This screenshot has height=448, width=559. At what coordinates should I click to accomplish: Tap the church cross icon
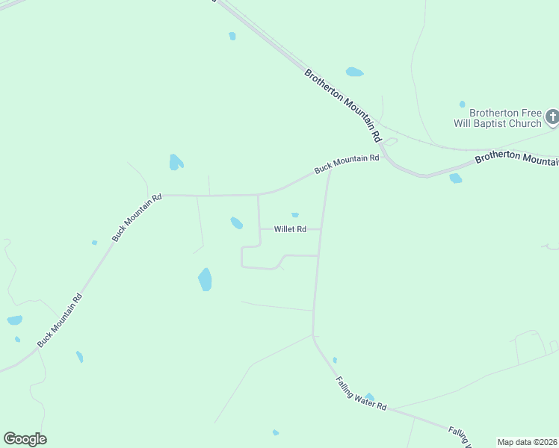[x=552, y=116]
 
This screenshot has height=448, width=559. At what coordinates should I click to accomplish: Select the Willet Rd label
[x=290, y=229]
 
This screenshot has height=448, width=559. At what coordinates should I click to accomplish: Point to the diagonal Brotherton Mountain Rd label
[x=343, y=105]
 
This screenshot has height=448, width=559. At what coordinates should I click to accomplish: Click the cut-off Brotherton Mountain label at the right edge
[x=516, y=158]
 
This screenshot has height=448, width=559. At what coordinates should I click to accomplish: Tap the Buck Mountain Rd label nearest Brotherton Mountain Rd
[x=347, y=164]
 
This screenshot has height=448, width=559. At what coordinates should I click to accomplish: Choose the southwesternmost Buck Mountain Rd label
[x=60, y=319]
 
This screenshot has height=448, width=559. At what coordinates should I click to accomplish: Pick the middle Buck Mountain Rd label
[x=136, y=218]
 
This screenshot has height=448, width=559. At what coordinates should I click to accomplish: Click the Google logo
[x=25, y=439]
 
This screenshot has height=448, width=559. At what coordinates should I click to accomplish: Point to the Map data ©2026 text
[x=527, y=442]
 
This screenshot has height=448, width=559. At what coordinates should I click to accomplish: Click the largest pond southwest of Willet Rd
[x=205, y=280]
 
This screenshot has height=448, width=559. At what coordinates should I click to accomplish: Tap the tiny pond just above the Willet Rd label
[x=295, y=215]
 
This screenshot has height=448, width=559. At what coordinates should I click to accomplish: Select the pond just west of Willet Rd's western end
[x=236, y=223]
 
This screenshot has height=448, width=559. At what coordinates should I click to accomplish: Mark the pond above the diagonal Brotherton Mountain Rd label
[x=354, y=72]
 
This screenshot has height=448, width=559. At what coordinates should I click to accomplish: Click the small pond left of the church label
[x=462, y=104]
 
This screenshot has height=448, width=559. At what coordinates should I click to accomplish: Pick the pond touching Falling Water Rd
[x=369, y=397]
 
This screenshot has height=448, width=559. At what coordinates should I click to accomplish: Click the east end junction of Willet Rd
[x=321, y=229]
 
